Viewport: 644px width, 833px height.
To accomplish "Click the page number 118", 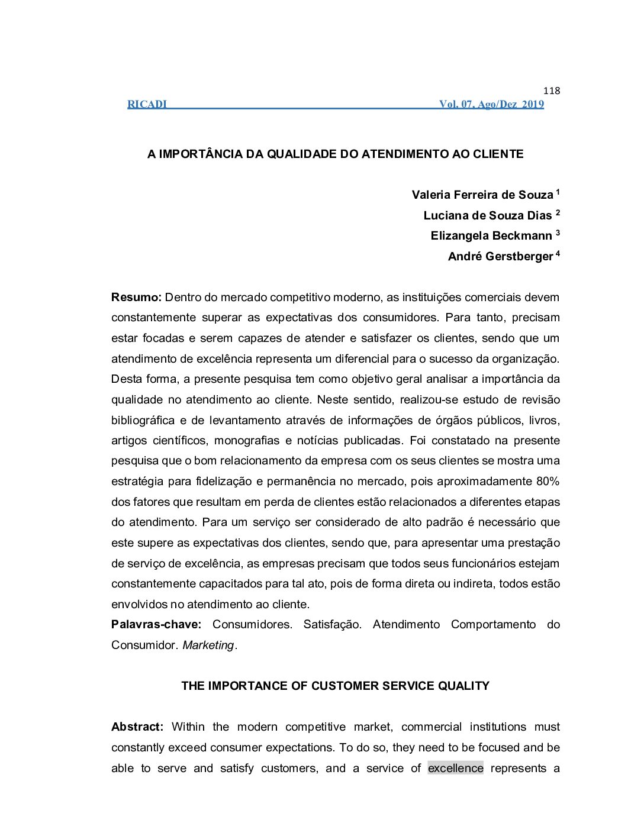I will [551, 91].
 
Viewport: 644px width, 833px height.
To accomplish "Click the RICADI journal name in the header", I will [147, 105].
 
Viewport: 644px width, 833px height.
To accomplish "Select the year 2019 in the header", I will [533, 105].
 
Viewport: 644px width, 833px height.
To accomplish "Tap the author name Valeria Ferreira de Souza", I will [482, 195].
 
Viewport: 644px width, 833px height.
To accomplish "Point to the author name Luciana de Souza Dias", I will [487, 215].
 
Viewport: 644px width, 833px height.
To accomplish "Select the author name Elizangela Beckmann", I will [491, 236].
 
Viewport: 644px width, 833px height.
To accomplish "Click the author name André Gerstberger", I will [500, 257].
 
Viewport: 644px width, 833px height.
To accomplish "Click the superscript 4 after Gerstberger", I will [558, 254].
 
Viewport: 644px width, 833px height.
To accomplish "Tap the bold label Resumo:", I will [136, 298].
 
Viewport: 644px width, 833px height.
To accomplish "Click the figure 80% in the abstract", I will [548, 482].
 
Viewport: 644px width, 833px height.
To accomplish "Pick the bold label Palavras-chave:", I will [156, 625].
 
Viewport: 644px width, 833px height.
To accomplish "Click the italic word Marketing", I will [208, 645].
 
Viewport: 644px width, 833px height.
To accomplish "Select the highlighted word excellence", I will [455, 769].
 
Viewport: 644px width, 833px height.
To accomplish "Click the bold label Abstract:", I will [137, 727].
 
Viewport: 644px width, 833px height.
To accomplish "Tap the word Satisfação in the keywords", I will [332, 625].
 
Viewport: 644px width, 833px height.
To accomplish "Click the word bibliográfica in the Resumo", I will [143, 421].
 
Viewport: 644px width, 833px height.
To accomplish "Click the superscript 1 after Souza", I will [558, 192].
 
